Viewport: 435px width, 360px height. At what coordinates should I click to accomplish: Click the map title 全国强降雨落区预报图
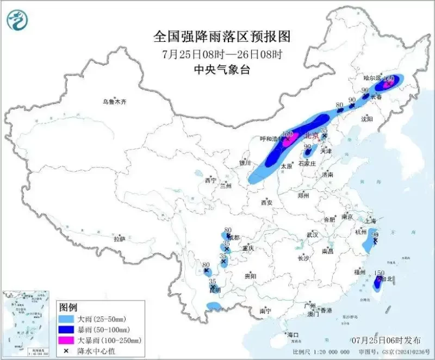pos(222,36)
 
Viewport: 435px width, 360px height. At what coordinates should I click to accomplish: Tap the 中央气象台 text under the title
pos(222,70)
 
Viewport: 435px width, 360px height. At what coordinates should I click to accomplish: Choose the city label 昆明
pos(215,290)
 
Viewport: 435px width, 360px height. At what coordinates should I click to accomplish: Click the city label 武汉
pos(312,235)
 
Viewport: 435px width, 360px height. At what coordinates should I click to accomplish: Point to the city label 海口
pos(293,335)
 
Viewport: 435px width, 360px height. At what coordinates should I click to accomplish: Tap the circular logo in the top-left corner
pos(17,20)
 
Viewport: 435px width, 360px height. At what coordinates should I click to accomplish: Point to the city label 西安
pos(266,202)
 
